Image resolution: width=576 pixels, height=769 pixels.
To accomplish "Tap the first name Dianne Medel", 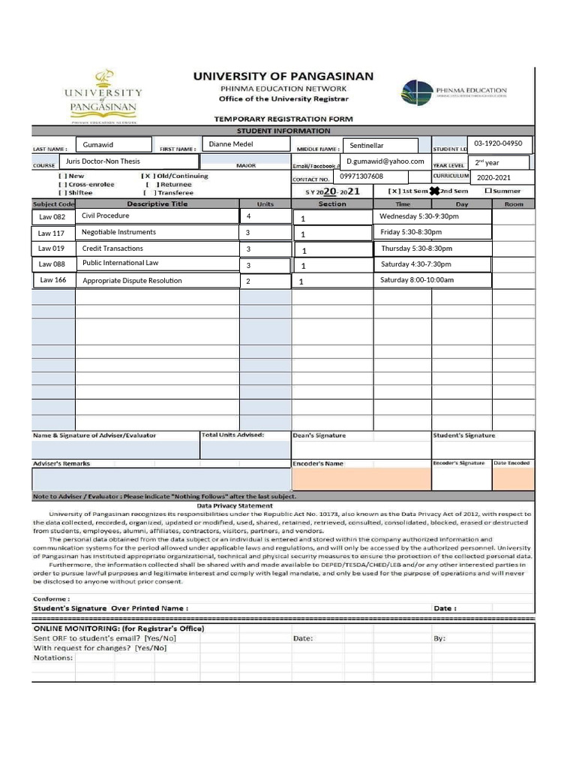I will tap(231, 144).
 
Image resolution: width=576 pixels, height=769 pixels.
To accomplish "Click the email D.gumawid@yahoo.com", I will tap(385, 161).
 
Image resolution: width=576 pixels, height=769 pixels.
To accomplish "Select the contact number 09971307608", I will tap(361, 176).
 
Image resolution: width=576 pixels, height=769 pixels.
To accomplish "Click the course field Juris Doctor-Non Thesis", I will tap(102, 161).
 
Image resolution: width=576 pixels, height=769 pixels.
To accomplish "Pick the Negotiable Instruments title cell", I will tap(118, 233).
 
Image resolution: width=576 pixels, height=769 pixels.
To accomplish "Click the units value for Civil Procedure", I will tap(248, 216).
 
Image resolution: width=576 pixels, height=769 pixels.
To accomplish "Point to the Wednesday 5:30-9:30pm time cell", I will tap(419, 216).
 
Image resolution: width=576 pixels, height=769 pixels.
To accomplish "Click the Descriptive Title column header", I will tap(157, 204).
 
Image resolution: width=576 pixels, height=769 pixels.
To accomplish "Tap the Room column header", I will tap(514, 204).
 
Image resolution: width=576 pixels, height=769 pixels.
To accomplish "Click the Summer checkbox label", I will tap(506, 191).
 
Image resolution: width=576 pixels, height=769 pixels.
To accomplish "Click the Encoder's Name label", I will tap(318, 463).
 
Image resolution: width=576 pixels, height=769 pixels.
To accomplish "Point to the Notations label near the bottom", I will tap(53, 658).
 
